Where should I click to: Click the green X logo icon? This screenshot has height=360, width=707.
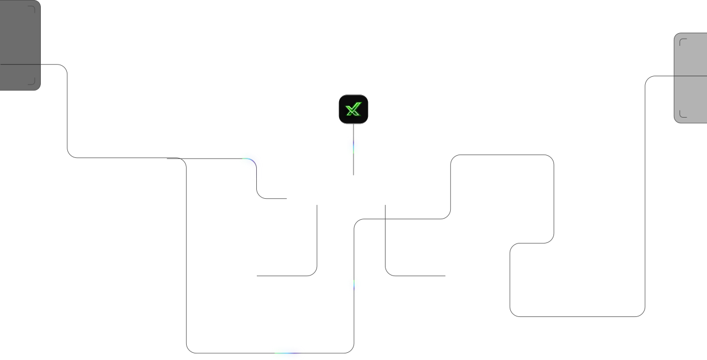coord(353,109)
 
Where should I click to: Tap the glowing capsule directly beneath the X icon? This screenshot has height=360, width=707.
coord(353,147)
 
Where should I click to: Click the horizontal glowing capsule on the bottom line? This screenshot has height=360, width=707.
coord(287,353)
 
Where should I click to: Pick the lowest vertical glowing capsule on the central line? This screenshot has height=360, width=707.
coord(354,285)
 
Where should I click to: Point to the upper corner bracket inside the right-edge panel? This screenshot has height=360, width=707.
coord(683,41)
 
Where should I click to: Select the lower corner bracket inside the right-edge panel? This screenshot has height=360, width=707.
coord(683,114)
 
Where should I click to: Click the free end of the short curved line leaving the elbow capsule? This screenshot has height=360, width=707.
coord(287,199)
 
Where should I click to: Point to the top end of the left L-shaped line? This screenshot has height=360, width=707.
coord(317,205)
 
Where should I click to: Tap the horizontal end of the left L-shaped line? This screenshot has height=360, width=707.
coord(257,276)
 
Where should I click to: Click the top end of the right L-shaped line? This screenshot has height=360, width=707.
coord(385,205)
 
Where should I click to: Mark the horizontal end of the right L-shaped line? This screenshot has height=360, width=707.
coord(445,276)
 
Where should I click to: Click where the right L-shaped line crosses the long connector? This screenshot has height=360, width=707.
coord(385,219)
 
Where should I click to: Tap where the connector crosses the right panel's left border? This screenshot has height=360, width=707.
coord(674,76)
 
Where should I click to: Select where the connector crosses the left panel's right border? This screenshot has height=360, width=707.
coord(40,65)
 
